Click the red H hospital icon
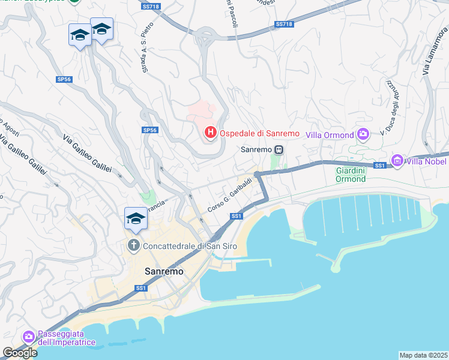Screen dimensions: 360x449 pos(210,132)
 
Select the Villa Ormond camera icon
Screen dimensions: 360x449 pos(363,134)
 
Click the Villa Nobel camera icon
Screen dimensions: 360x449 pos(397,160)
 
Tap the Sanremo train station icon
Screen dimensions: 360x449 pos(279,149)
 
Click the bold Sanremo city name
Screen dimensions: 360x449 pos(164,271)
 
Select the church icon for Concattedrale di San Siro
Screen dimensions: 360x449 pos(133,245)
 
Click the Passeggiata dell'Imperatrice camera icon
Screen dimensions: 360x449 pos(28,337)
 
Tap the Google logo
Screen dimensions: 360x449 pos(20,353)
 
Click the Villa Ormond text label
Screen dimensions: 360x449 pos(330,134)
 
